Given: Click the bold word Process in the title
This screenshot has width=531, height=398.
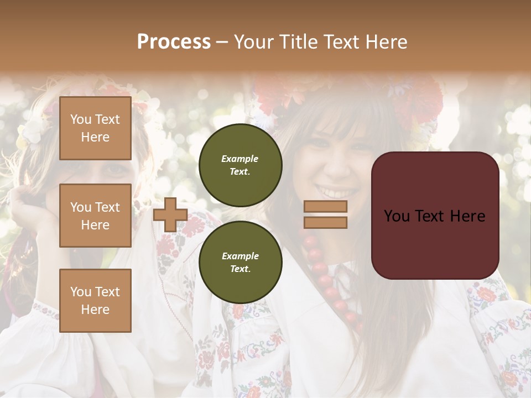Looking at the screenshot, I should click(174, 42).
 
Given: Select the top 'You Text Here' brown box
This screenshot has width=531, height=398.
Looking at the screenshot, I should click(95, 128).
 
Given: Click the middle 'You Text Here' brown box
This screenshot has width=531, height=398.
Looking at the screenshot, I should click(95, 216).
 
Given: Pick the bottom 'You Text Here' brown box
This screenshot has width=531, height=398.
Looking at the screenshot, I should click(95, 300).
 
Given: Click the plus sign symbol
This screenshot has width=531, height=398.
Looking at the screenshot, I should click(170, 214).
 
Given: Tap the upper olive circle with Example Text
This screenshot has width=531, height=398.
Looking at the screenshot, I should click(241, 165).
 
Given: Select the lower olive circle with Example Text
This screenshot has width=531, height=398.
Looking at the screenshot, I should click(241, 262).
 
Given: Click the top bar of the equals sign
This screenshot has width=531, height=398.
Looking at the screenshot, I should click(326, 206).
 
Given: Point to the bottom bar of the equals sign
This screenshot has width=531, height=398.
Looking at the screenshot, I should click(326, 222).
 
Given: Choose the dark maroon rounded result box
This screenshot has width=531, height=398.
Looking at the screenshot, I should click(435, 215).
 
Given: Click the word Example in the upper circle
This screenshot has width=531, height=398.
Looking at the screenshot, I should click(240, 159).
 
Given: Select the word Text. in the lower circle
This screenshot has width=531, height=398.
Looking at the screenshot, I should click(240, 269).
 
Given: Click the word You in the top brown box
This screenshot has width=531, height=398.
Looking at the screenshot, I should click(80, 119).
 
